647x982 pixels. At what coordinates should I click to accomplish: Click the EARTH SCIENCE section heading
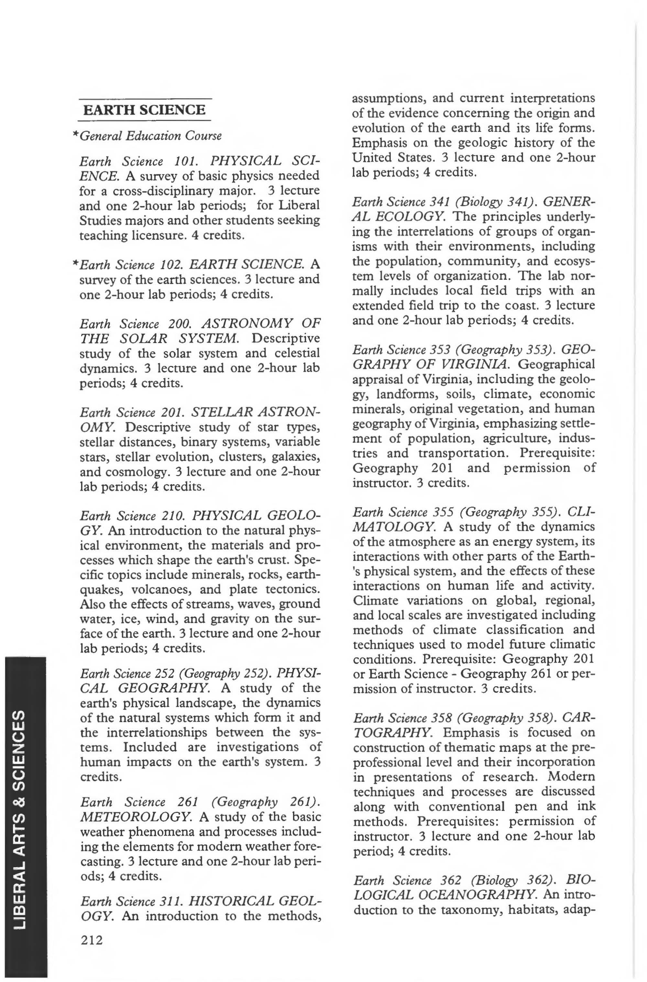144,110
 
